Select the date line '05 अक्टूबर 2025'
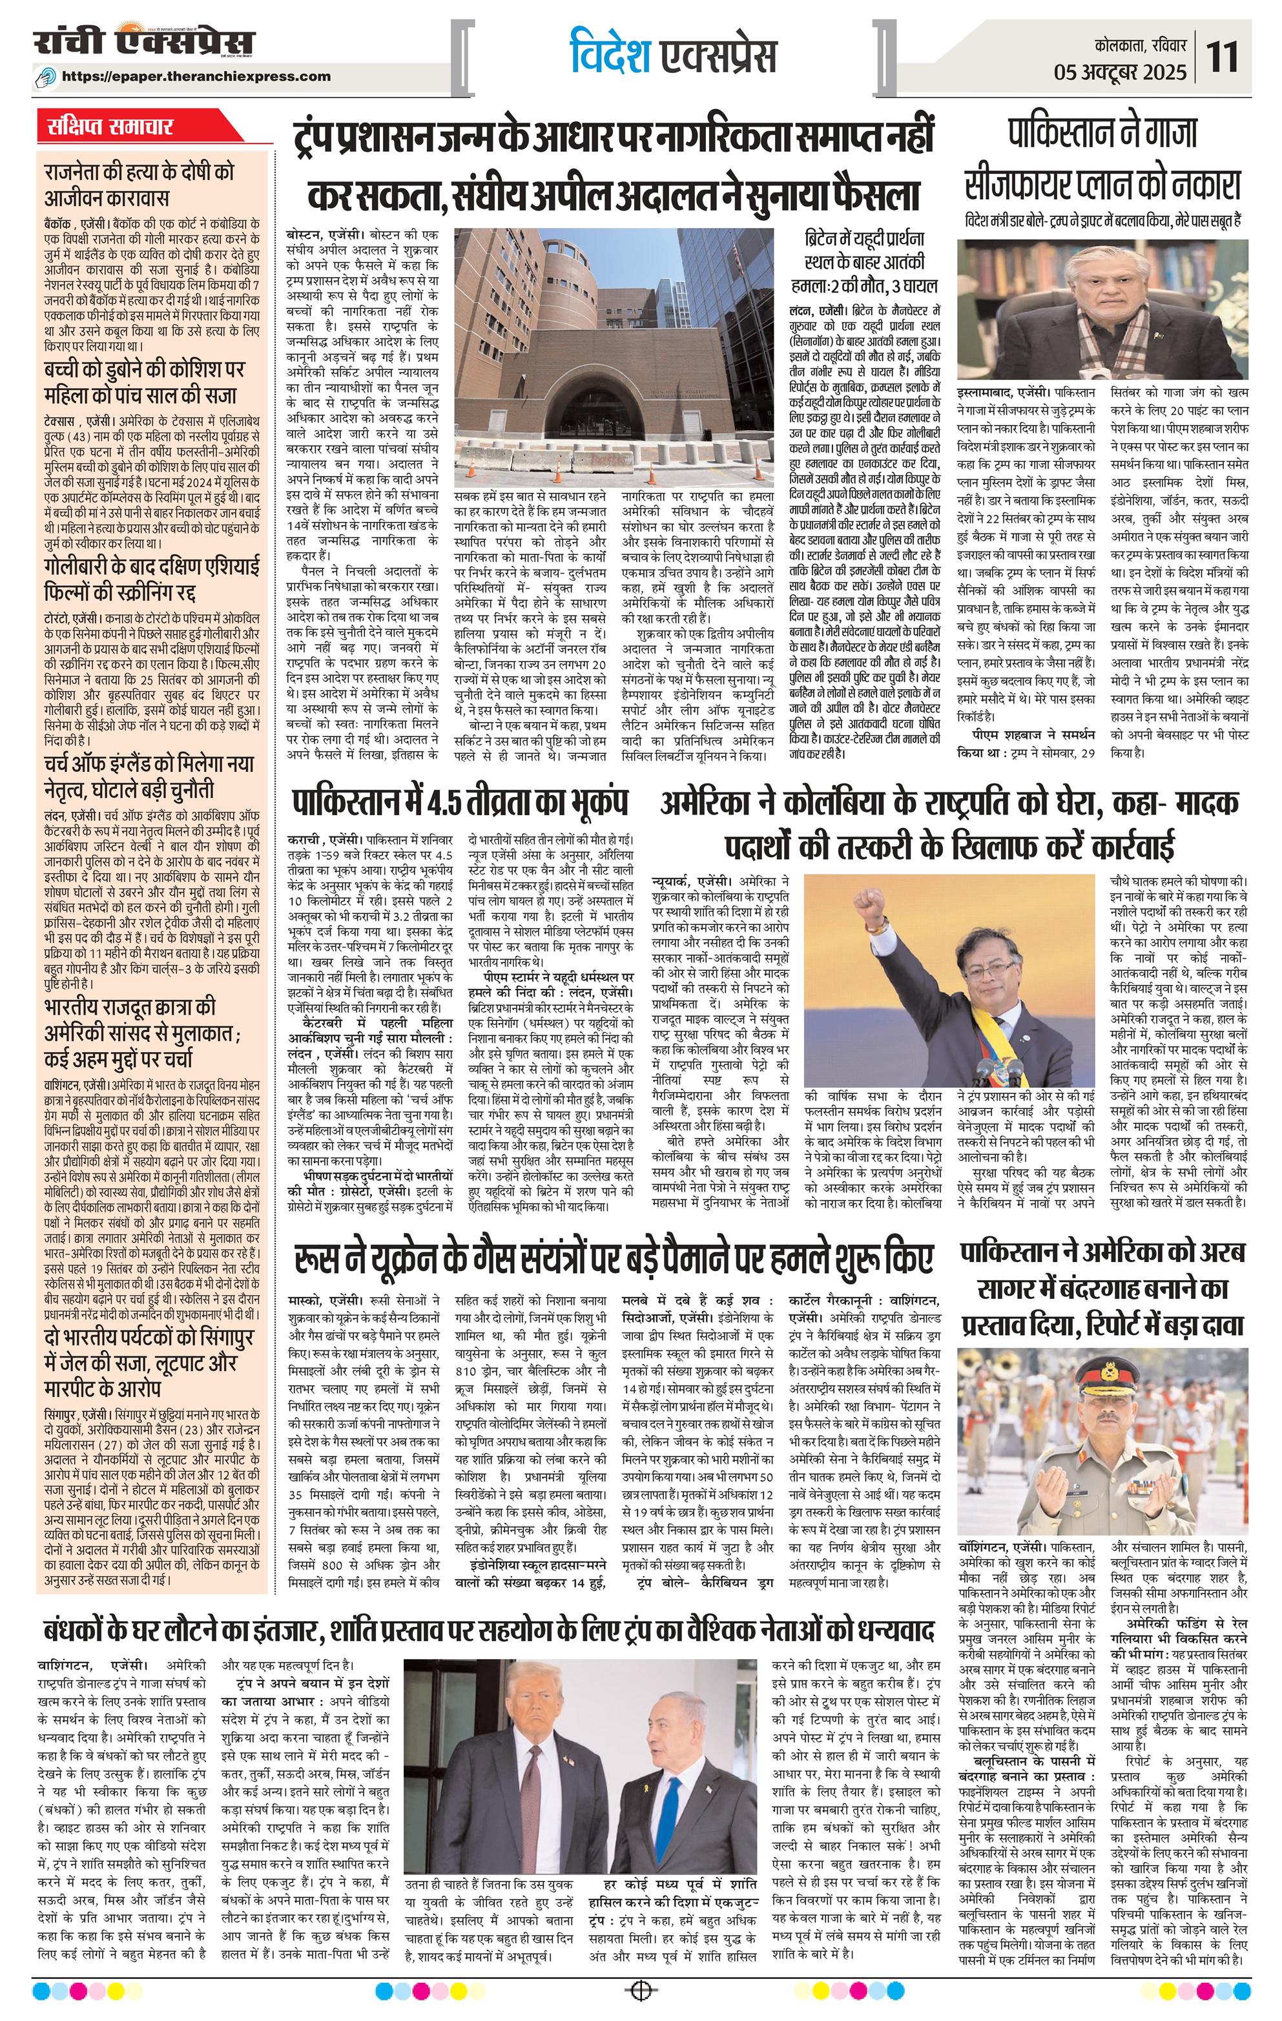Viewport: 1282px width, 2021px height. [x=1120, y=72]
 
